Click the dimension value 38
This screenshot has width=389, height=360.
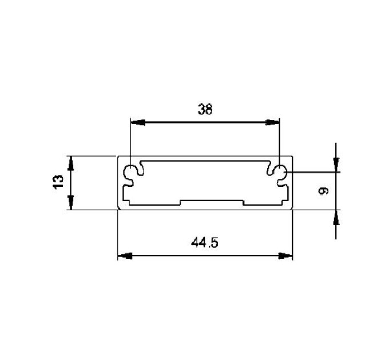205,110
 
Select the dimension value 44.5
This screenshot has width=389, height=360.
205,242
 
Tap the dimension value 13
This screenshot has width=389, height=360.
58,182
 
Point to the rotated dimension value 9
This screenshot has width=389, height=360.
323,191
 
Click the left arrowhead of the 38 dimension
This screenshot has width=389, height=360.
138,122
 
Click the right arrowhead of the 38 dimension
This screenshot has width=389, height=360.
272,122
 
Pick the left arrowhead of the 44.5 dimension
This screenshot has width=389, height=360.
125,256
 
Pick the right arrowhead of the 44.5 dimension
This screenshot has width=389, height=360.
285,256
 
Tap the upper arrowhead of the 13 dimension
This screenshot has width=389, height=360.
71,163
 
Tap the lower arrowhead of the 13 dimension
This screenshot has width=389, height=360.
71,203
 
